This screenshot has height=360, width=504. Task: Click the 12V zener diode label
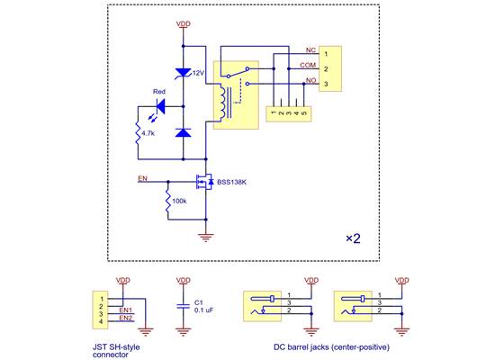click(198, 72)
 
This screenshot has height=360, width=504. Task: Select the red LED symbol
click(161, 107)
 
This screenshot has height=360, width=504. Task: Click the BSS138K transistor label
click(232, 182)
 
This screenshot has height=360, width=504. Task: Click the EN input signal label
click(141, 178)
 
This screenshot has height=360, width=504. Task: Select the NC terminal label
click(310, 50)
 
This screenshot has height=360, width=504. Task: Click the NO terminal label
click(310, 81)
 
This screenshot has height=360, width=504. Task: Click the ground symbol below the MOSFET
click(206, 236)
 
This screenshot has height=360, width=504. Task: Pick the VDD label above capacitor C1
click(184, 280)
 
